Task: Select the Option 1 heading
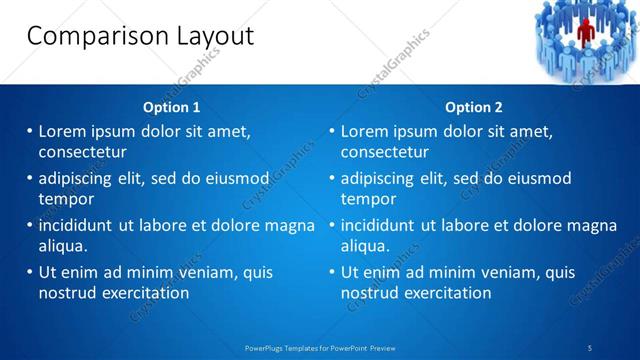click(171, 107)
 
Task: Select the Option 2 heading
click(474, 107)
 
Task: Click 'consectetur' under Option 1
click(82, 153)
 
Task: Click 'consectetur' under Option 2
click(385, 153)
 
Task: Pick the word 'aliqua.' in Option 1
click(64, 246)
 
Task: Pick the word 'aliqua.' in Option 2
click(366, 246)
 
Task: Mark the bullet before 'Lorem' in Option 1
click(30, 131)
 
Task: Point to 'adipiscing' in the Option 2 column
click(376, 178)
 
